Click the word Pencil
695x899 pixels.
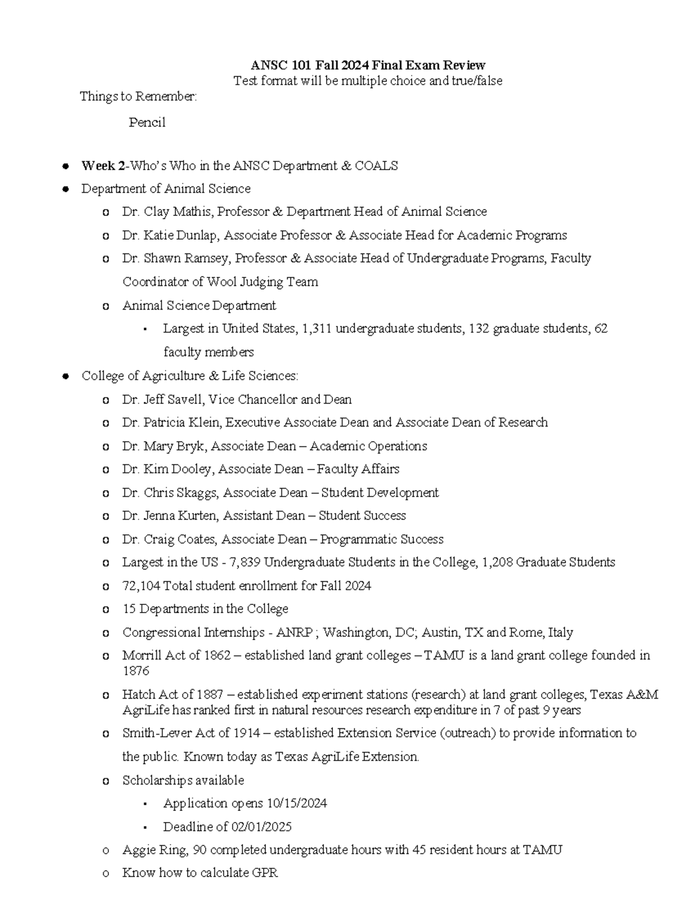point(147,123)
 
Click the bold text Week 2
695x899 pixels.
point(103,166)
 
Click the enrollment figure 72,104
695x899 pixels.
point(141,586)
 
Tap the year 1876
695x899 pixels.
point(136,671)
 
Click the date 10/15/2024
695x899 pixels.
point(297,803)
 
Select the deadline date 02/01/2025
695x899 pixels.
point(261,827)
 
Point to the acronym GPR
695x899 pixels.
point(265,873)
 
